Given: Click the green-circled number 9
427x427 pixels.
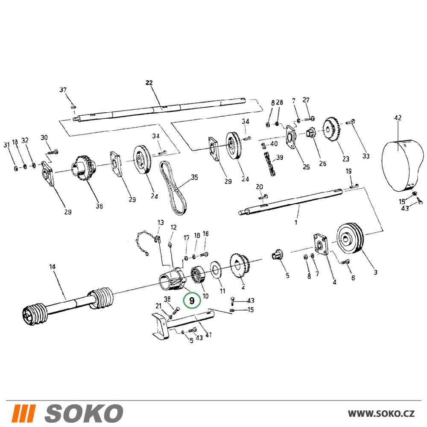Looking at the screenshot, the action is (192, 300).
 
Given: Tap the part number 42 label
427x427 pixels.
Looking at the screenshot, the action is (398, 118).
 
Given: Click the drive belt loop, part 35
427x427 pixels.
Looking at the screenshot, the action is (173, 188).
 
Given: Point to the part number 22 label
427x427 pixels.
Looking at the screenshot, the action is (149, 82).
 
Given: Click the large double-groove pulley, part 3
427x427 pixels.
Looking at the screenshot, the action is (350, 238).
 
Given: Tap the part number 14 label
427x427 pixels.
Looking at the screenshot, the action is (52, 266).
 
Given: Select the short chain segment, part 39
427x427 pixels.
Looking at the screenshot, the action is (269, 164).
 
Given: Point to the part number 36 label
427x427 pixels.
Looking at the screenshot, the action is (99, 206).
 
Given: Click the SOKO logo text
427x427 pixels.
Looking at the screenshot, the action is (67, 413).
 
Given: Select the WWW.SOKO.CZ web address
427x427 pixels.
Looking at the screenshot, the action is (381, 413).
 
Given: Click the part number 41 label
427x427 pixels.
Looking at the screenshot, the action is (208, 335).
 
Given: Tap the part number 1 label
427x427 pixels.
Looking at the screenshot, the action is (296, 222).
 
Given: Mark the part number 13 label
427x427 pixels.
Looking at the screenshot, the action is (161, 222).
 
